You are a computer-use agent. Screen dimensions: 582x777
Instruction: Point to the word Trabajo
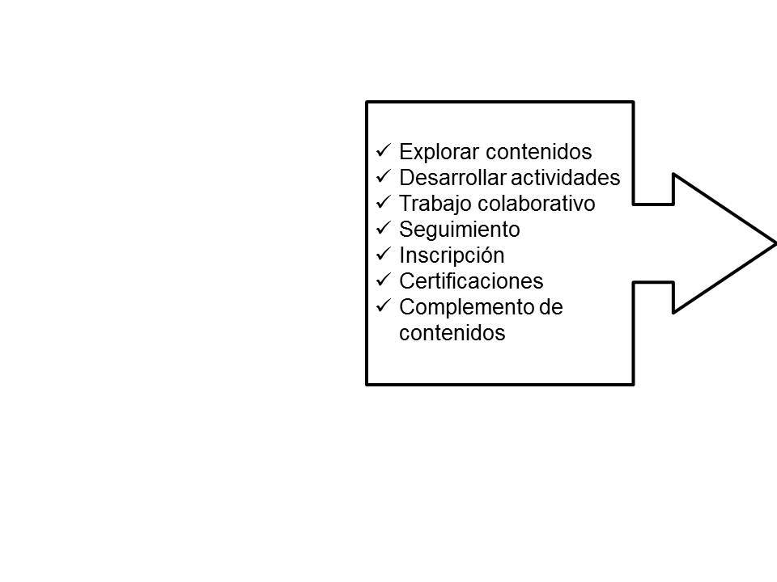click(427, 204)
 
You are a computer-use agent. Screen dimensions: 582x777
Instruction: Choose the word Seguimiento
click(460, 230)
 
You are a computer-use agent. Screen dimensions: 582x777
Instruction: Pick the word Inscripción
click(452, 255)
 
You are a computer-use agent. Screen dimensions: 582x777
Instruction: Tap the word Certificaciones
click(471, 281)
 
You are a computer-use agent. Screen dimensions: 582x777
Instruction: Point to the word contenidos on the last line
click(452, 333)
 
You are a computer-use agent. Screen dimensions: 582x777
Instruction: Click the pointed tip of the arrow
click(773, 242)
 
